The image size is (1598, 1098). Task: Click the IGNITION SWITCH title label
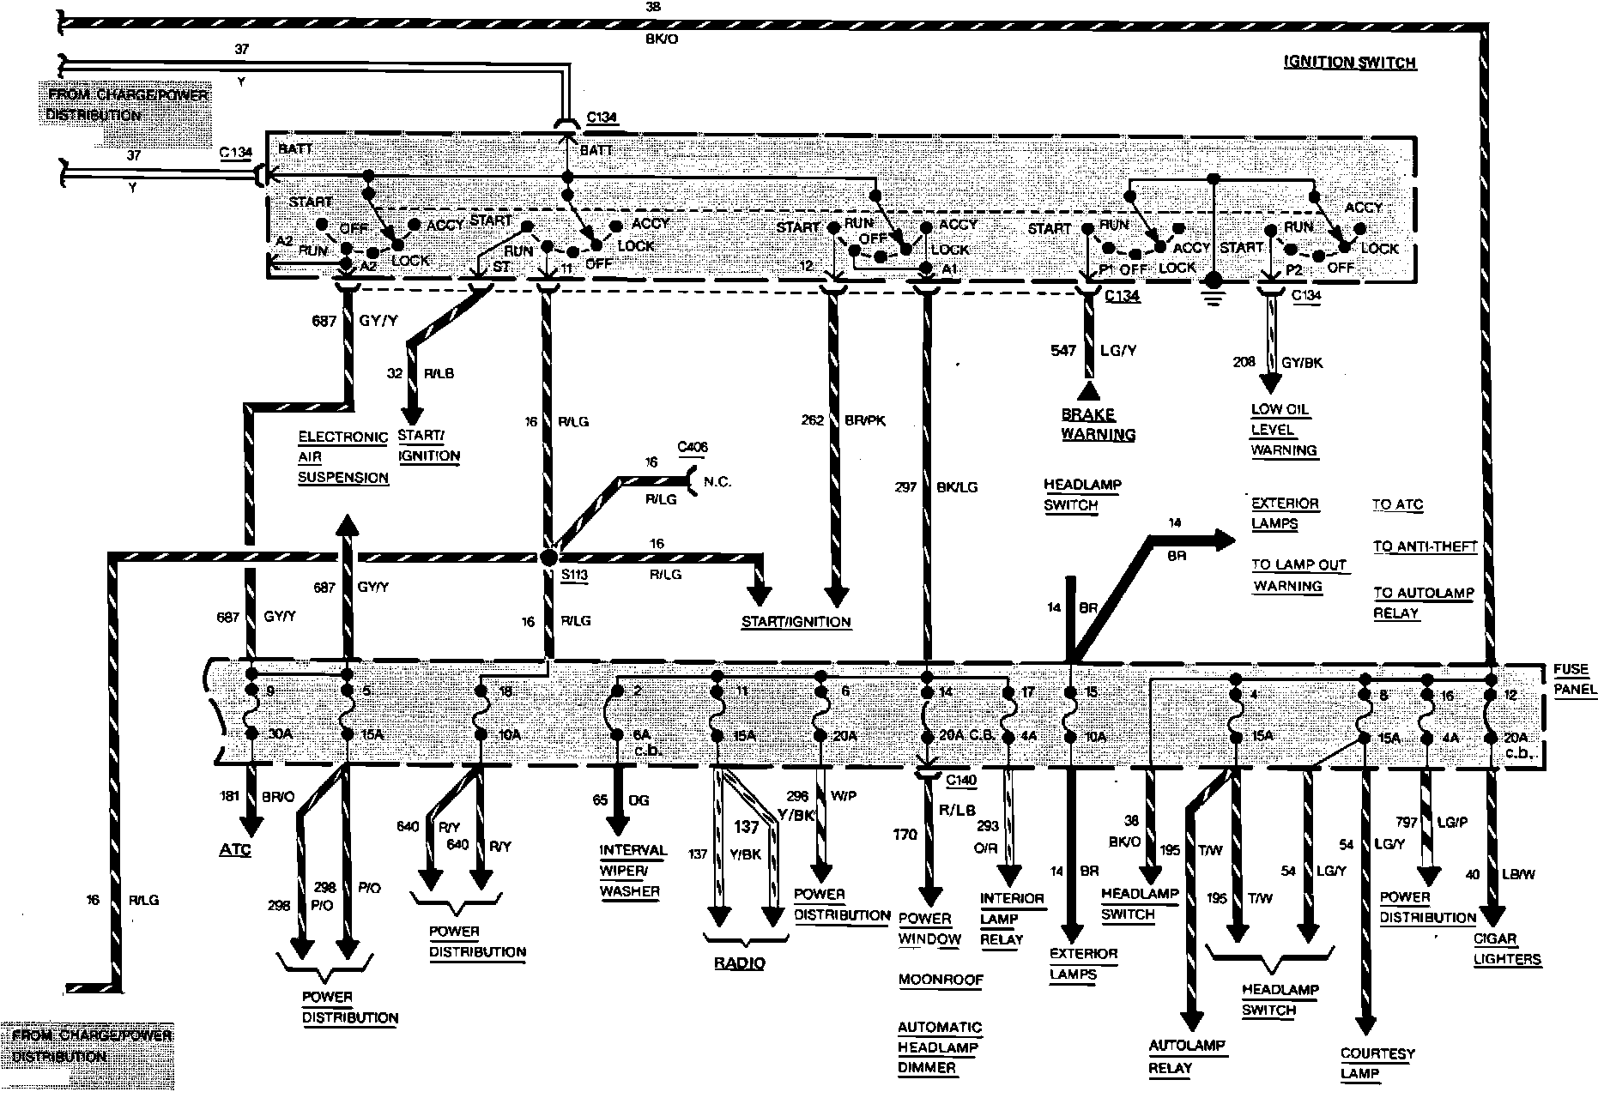point(1349,62)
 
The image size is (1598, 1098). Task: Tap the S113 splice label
point(575,575)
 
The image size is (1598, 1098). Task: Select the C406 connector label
point(693,447)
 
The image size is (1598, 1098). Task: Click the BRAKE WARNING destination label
point(1098,424)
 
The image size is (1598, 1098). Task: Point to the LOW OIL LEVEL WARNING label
point(1283,430)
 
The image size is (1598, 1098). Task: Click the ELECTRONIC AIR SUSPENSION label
point(343,456)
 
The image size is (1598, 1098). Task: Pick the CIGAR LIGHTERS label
point(1507,949)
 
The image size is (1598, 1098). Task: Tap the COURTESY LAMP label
point(1377,1064)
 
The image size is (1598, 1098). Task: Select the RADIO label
point(739,962)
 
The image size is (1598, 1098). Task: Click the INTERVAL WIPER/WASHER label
point(633,870)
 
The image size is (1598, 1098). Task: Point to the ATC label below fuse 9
point(234,850)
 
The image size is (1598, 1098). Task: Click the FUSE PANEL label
point(1574,679)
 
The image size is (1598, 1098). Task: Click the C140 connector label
point(960,780)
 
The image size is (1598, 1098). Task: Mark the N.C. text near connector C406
point(717,481)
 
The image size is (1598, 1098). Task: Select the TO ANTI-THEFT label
point(1425,546)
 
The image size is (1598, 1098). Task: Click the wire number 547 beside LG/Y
point(1063,350)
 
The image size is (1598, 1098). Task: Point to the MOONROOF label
point(940,980)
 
